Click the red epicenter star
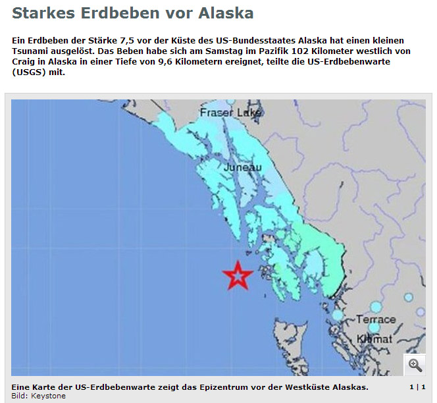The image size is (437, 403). pyautogui.click(x=237, y=275)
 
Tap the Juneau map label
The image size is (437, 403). pyautogui.click(x=243, y=168)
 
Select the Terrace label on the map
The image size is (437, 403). pyautogui.click(x=376, y=319)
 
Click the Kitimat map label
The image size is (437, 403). pyautogui.click(x=374, y=338)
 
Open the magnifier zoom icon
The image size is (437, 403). pyautogui.click(x=415, y=364)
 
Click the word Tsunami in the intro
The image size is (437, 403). pyautogui.click(x=30, y=51)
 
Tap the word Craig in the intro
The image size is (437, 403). pyautogui.click(x=24, y=62)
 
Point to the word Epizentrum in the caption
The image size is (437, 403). pyautogui.click(x=214, y=387)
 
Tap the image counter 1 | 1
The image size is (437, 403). pyautogui.click(x=417, y=387)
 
